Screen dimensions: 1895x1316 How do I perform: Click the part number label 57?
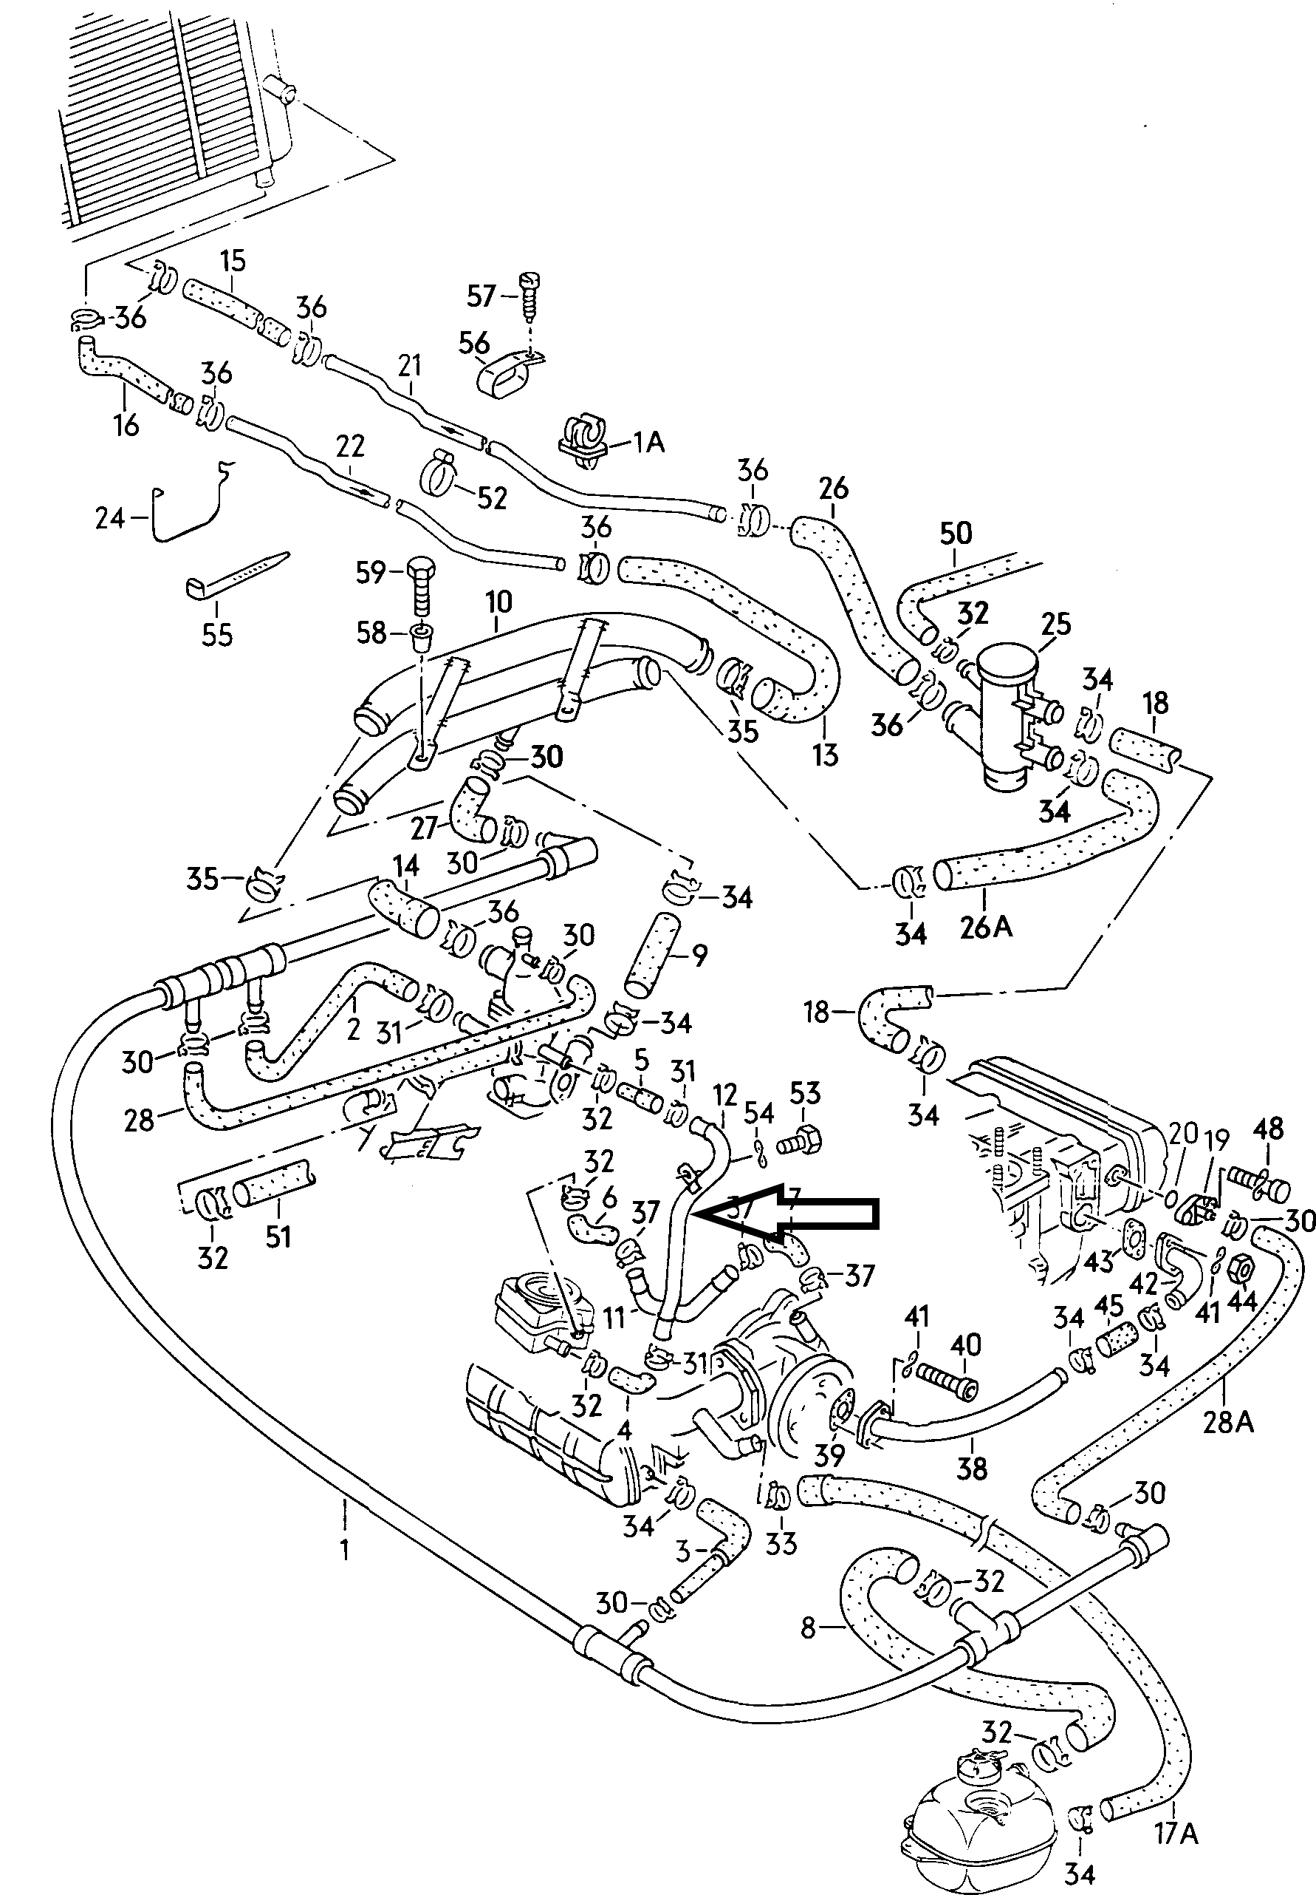point(481,296)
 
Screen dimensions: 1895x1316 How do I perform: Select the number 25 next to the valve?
point(1056,625)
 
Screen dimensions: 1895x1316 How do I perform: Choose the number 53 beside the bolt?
point(805,1093)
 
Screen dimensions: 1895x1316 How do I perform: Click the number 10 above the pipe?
point(499,602)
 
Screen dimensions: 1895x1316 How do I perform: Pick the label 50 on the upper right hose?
point(956,534)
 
